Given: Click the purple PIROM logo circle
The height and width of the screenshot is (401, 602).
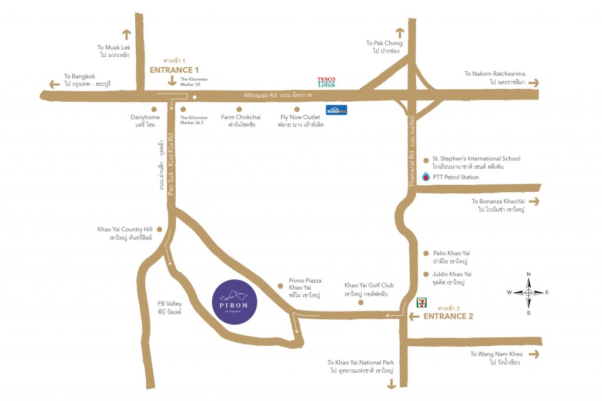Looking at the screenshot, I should (x=234, y=301).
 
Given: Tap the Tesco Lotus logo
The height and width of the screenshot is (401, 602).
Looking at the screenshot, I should (x=326, y=82).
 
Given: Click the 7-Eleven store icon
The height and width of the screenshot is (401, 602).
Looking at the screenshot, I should (x=421, y=302).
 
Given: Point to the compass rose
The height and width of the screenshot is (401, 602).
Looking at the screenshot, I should (x=528, y=292).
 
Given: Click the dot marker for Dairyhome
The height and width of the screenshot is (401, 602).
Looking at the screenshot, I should (x=153, y=109).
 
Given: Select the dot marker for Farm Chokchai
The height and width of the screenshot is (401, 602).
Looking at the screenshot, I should (x=239, y=109).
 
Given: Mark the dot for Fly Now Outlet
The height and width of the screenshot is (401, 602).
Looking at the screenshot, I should (x=297, y=109).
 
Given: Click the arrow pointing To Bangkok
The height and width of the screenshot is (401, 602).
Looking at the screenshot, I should (x=54, y=84).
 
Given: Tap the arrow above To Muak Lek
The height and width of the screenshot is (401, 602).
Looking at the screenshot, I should (x=126, y=35).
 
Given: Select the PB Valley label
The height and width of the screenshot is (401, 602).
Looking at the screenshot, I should (x=169, y=308).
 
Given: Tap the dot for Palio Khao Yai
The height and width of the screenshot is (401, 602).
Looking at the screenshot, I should (x=426, y=253).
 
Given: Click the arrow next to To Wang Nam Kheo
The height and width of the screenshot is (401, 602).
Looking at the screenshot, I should (x=534, y=354).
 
